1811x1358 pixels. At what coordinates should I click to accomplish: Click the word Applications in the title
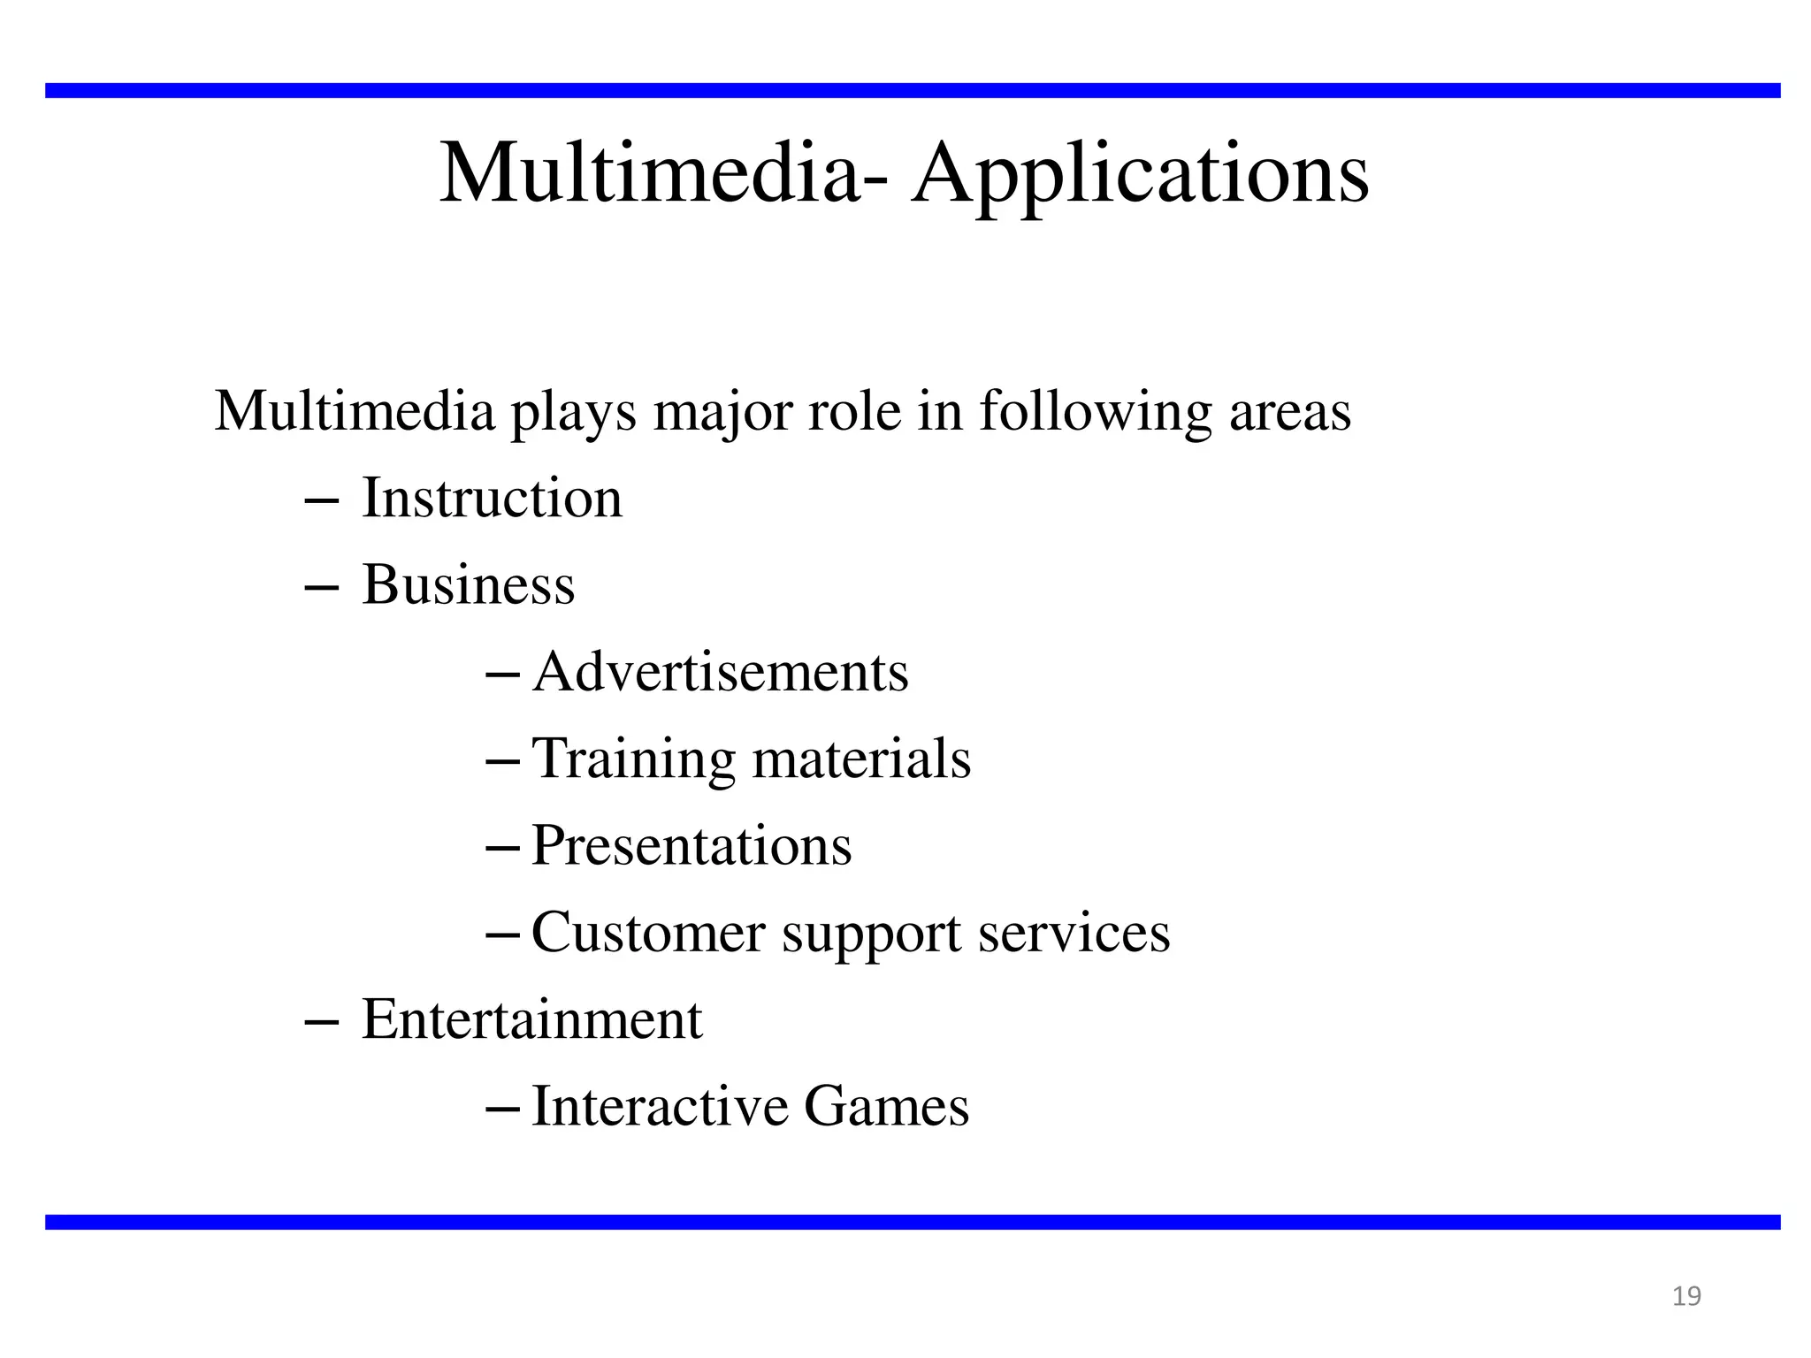pos(1141,173)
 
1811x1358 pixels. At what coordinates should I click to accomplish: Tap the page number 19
pos(1686,1296)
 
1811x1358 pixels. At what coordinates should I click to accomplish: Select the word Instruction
pos(492,498)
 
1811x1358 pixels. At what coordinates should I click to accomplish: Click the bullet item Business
pos(468,584)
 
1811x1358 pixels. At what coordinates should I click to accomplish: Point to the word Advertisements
pos(720,672)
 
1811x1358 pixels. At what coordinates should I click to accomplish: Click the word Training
pos(633,759)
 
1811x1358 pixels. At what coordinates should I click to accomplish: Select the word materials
pos(861,759)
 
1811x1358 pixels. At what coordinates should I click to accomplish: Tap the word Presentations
pos(692,845)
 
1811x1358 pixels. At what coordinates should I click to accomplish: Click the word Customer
pos(648,932)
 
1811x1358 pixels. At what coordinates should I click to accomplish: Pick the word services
pos(1074,932)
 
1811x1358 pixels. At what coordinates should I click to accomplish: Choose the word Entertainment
pos(531,1019)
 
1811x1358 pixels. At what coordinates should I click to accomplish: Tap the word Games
pos(886,1106)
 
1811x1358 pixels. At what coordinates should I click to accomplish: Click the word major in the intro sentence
pos(722,412)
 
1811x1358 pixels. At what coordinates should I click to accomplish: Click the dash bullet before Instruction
pos(320,501)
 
